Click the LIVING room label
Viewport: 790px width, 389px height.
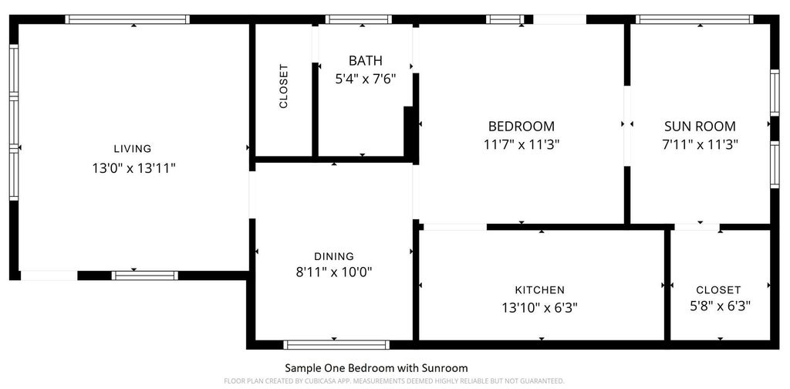point(133,149)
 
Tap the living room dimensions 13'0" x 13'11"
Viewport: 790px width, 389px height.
point(133,168)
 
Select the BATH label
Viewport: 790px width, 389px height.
point(365,60)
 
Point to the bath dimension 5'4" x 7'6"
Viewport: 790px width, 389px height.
point(366,79)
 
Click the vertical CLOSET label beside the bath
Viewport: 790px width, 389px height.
point(283,86)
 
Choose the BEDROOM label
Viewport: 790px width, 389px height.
point(522,126)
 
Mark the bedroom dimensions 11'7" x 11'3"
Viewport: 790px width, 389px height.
point(522,144)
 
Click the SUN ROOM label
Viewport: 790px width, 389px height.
point(700,126)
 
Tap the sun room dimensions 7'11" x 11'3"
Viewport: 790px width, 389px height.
point(700,144)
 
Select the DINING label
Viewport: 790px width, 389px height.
point(334,256)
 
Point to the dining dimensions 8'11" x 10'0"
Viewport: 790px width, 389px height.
point(334,272)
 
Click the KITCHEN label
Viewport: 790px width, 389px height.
point(539,290)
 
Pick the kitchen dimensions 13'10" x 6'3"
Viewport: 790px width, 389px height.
point(539,307)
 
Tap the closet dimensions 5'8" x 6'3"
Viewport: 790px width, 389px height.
point(720,306)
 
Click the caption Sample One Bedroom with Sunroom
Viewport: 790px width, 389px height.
point(376,368)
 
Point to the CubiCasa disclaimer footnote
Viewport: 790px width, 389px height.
point(394,381)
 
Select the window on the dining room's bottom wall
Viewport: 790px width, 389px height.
point(336,345)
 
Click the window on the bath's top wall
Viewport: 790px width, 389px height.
point(358,19)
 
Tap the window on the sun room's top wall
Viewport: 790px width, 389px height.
point(694,19)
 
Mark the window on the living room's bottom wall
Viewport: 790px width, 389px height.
point(144,276)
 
